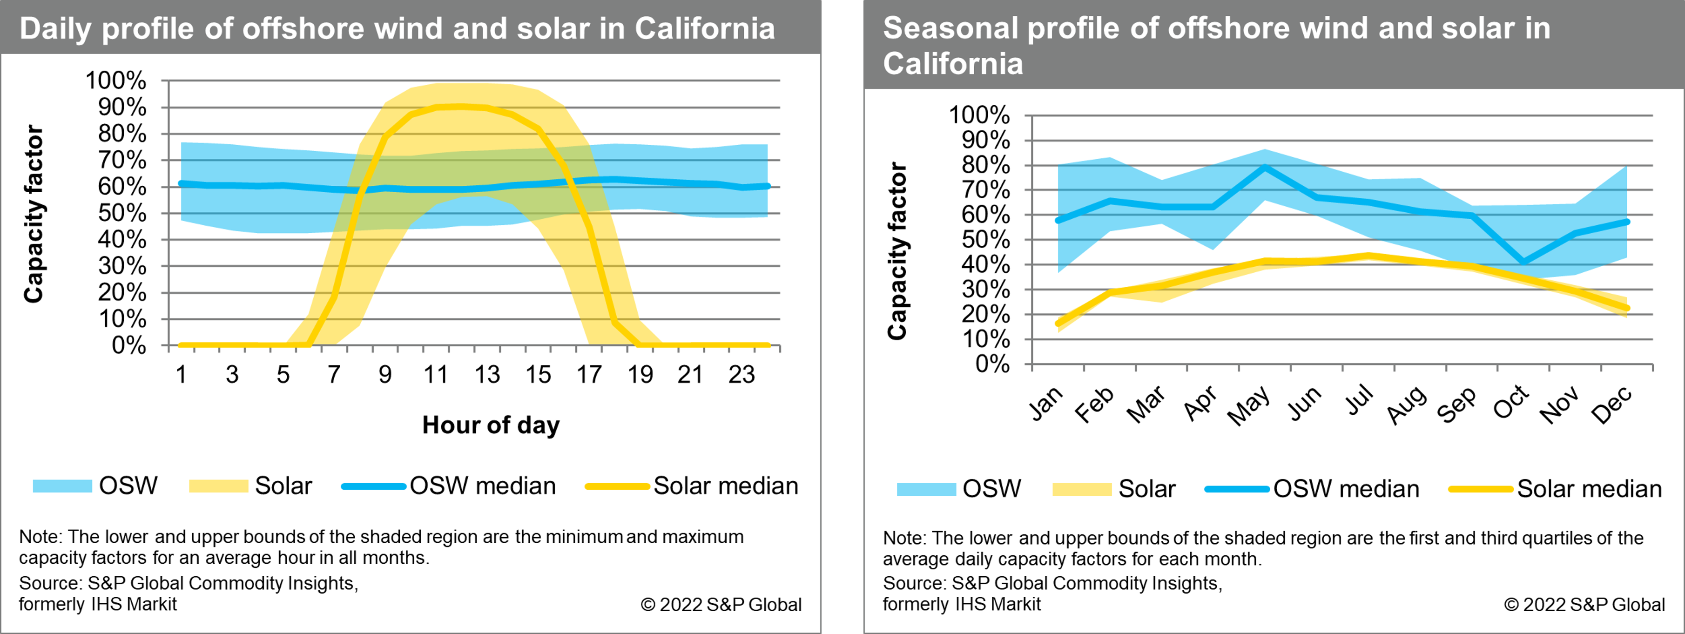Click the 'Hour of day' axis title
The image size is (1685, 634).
pos(491,425)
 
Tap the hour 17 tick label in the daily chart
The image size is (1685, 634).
pos(589,375)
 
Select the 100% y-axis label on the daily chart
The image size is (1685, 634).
pos(116,81)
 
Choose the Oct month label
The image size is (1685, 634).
pos(1511,402)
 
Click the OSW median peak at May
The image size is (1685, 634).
pos(1265,168)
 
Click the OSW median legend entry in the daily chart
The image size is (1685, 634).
pos(482,486)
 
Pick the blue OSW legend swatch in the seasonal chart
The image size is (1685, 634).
pos(925,489)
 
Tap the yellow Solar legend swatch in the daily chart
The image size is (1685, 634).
pos(218,486)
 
